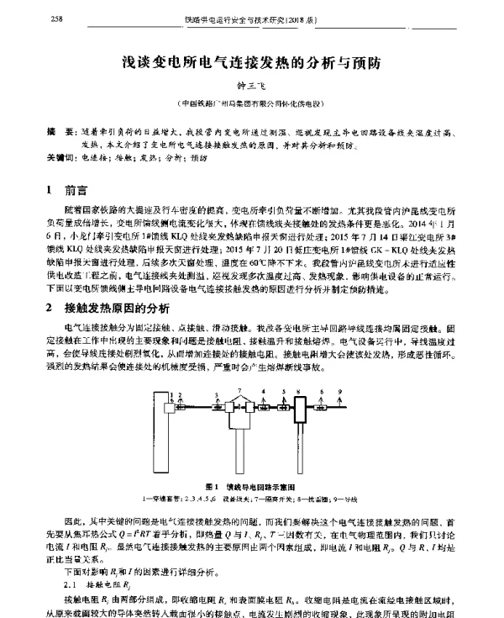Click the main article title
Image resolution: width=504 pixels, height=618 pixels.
tap(253, 61)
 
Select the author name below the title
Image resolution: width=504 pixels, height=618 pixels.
tap(252, 87)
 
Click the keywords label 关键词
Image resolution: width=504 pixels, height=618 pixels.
tap(59, 157)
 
